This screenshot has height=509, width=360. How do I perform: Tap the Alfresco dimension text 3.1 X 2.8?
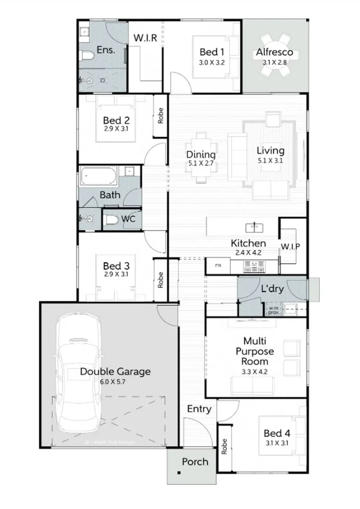(x=275, y=61)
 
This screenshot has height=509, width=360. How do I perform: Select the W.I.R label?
(x=145, y=37)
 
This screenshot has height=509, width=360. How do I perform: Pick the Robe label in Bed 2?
(x=161, y=116)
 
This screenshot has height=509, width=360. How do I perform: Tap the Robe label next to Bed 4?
(x=224, y=447)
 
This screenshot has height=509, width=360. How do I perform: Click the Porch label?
(x=195, y=462)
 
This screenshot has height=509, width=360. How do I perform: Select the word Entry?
(x=199, y=409)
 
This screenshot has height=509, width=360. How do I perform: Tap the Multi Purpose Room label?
(x=258, y=352)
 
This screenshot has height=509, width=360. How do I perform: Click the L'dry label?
(x=272, y=289)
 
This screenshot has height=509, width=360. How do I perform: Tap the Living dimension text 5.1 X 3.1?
(x=271, y=160)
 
